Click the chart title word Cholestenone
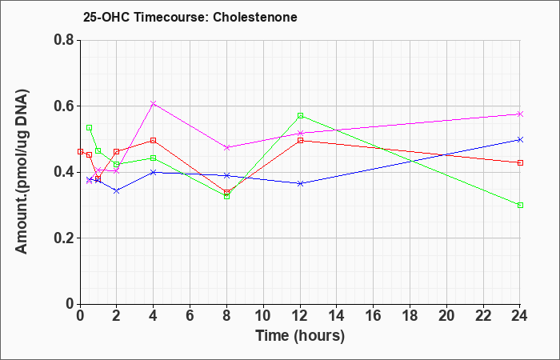tap(255, 17)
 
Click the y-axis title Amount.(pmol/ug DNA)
tap(22, 171)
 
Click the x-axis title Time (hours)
tap(300, 336)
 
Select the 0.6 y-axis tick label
tap(64, 106)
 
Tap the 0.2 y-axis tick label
tap(64, 238)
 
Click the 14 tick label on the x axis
tap(337, 316)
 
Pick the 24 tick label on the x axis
tap(520, 316)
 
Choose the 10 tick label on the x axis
tap(263, 316)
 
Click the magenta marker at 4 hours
tap(154, 103)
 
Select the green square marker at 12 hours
tap(300, 116)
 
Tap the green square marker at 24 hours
tap(520, 206)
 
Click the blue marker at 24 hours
tap(520, 140)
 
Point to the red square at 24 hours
tap(520, 163)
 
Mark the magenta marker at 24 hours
tap(520, 114)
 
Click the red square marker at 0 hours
tap(80, 152)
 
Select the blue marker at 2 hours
tap(117, 191)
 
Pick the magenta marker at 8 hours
tap(226, 147)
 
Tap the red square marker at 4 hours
tap(154, 141)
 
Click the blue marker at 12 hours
tap(300, 183)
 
